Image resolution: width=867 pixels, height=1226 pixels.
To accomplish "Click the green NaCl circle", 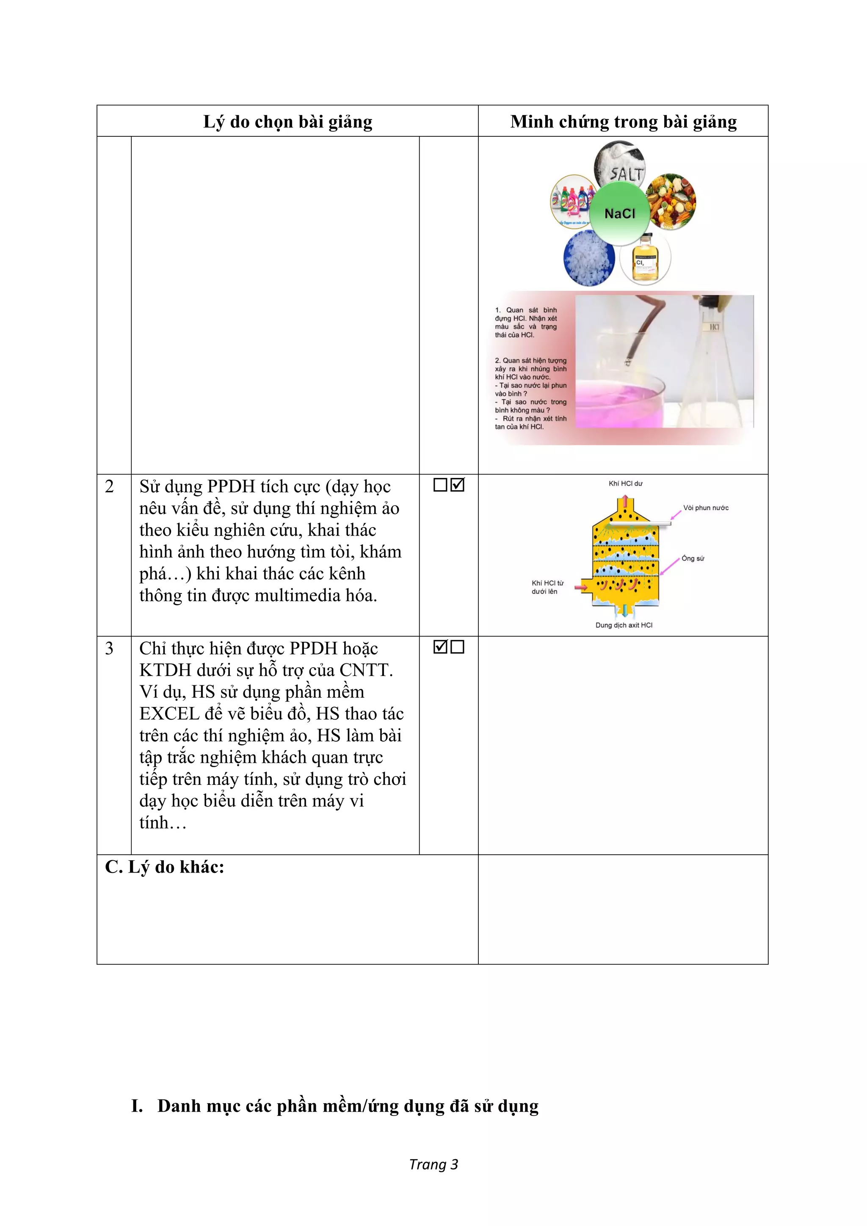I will (620, 214).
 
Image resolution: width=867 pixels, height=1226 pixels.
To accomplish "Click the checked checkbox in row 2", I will (458, 485).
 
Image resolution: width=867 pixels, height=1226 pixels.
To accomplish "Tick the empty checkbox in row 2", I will (440, 485).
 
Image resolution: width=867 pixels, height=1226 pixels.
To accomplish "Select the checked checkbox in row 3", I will (440, 646).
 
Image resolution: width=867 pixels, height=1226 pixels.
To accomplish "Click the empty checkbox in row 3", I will (458, 646).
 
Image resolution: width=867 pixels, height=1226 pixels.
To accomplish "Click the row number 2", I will (110, 486).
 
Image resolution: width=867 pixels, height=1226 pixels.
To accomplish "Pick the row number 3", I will (110, 648).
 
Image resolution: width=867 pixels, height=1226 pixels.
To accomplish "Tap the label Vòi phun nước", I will (706, 508).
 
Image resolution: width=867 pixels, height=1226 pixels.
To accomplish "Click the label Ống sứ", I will (693, 558).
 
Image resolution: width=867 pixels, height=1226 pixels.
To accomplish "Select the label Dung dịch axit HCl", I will (624, 625).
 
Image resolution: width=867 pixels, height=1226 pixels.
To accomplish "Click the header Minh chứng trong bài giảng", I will (623, 122).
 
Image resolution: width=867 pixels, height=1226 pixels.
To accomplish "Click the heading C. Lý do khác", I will (164, 867).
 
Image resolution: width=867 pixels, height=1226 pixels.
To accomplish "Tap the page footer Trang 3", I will (433, 1165).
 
